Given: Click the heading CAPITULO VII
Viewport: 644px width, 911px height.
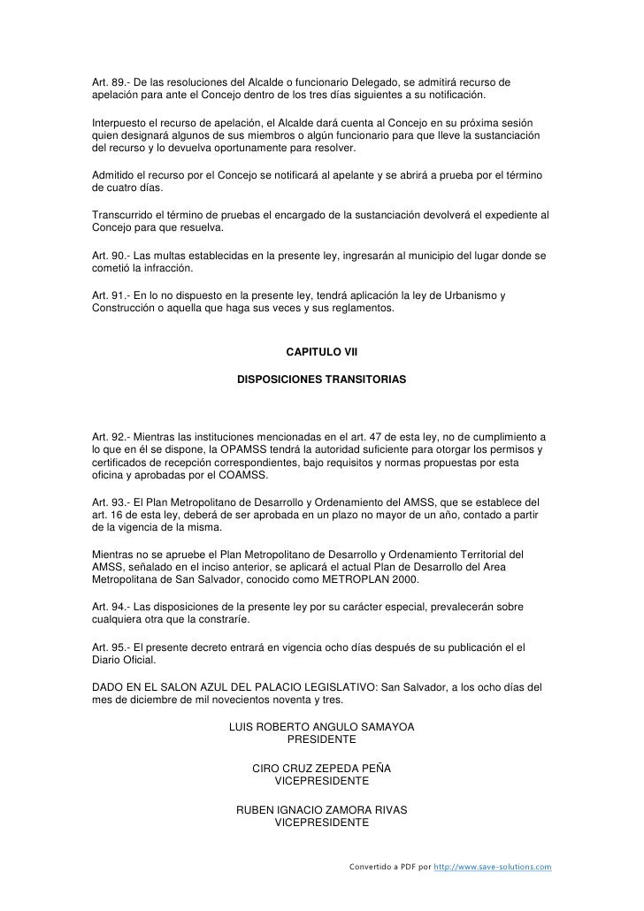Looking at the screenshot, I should point(321,352).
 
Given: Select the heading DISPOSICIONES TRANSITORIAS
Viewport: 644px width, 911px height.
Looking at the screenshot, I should point(321,379).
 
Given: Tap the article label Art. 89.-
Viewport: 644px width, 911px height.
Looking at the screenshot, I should point(113,82).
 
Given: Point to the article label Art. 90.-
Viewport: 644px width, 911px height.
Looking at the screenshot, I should point(113,256).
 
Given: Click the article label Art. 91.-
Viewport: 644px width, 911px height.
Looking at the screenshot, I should point(113,295).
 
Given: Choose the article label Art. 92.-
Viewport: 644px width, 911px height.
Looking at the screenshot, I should point(113,438).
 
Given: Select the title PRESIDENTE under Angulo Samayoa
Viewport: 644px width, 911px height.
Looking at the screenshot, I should point(321,739).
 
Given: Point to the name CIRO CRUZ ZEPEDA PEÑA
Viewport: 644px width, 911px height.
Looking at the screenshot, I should point(321,769).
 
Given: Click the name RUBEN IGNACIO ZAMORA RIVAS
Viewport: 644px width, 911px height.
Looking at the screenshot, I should point(321,810).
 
